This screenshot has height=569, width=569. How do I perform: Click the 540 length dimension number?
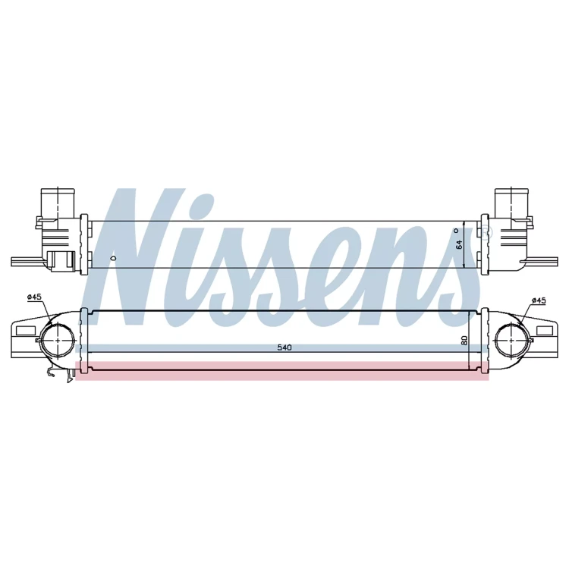[284, 347]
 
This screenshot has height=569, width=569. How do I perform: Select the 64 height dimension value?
[459, 244]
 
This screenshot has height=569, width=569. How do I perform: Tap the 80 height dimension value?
[464, 340]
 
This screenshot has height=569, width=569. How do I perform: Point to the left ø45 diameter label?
[34, 297]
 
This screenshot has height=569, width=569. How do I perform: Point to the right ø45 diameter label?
[539, 300]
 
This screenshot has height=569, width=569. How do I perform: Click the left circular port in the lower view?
[58, 340]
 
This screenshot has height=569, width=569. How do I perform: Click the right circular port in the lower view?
[511, 340]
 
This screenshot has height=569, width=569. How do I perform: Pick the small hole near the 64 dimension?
[457, 231]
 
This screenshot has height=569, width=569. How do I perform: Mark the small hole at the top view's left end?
[113, 259]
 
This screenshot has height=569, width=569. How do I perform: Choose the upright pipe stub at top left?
[58, 203]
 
